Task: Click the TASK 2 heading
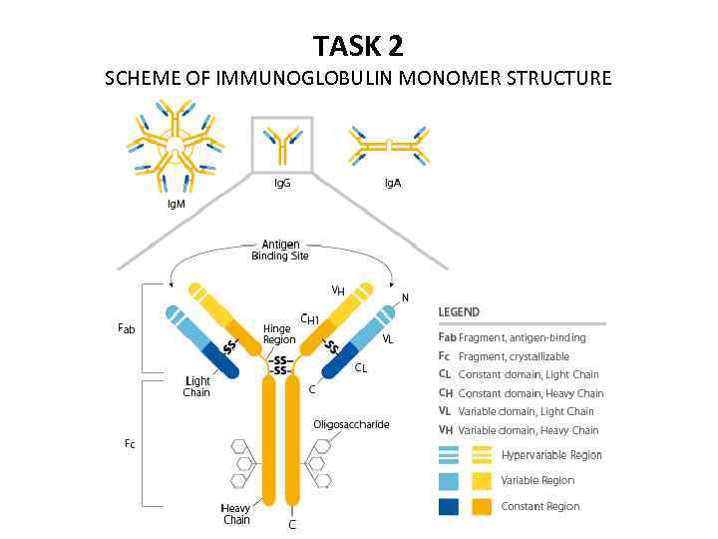(358, 46)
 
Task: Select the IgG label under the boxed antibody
(282, 184)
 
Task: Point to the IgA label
(393, 184)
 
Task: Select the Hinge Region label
(278, 333)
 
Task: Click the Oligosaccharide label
(351, 424)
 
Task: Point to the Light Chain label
(196, 387)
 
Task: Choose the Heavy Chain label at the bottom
(236, 514)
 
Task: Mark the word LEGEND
(459, 311)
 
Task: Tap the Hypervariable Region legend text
(551, 455)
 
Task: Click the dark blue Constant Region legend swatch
(449, 506)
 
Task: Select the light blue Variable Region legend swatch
(449, 481)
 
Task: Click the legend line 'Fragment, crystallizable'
(514, 356)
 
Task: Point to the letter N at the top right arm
(405, 297)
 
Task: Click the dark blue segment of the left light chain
(220, 362)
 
